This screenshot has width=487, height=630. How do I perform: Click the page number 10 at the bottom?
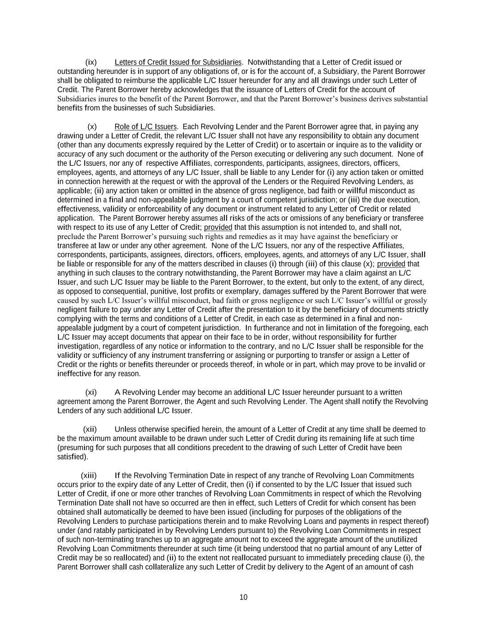[243, 597]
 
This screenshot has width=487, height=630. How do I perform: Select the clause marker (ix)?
[91, 62]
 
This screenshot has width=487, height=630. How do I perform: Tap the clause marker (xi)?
[91, 392]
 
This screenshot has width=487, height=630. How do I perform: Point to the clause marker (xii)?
[90, 429]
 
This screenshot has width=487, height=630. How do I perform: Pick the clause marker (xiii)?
[89, 475]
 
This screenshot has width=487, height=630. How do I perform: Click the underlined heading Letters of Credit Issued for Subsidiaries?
[178, 62]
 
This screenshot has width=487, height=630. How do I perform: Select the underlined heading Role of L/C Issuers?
[145, 126]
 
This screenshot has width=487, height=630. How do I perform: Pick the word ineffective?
[74, 374]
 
